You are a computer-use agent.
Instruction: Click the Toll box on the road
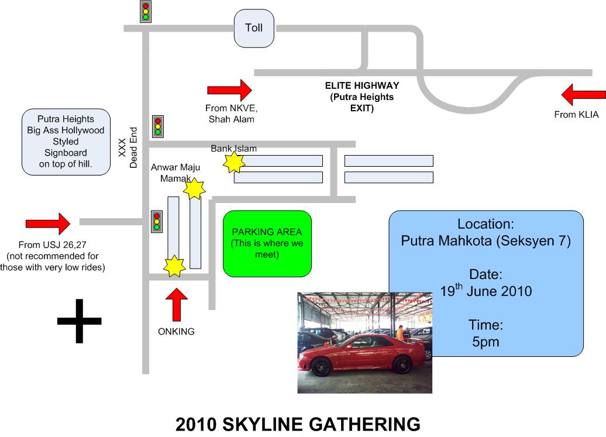(254, 29)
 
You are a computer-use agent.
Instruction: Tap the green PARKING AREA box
(267, 243)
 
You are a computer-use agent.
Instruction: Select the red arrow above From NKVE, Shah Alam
(229, 90)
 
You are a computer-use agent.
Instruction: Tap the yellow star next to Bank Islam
(235, 163)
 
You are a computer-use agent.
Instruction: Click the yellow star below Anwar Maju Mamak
(194, 188)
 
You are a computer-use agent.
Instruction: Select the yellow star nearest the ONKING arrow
(174, 266)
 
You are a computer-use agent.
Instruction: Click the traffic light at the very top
(146, 11)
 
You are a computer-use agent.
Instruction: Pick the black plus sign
(79, 321)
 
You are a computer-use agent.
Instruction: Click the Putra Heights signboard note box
(66, 142)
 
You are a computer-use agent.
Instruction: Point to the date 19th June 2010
(486, 290)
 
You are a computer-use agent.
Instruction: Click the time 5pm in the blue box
(486, 342)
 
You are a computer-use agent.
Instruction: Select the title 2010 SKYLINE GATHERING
(298, 424)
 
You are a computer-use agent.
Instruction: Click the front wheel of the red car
(321, 366)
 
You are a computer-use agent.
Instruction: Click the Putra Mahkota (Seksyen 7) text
(486, 240)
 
